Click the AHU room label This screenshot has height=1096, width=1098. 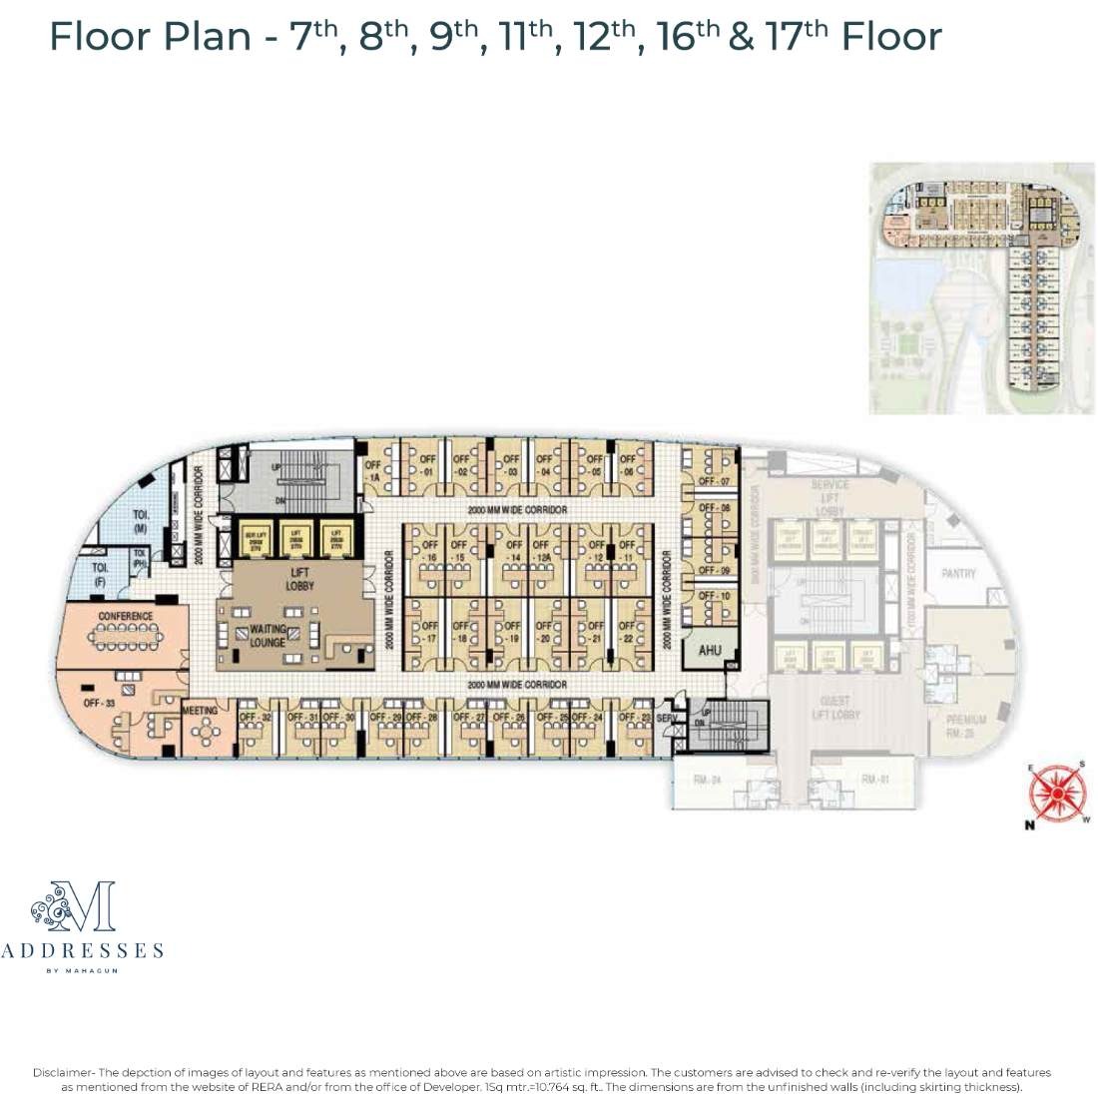point(710,651)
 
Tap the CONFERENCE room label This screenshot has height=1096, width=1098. point(126,616)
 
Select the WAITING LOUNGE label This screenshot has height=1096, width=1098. point(268,636)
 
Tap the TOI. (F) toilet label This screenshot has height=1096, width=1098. point(101,573)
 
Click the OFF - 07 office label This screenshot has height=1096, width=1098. point(714,482)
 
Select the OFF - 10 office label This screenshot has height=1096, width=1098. point(714,596)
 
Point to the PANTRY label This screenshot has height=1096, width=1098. point(958,574)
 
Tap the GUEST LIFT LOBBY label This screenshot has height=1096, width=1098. point(834,708)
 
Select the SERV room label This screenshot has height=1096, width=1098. point(667,718)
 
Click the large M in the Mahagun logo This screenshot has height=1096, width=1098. point(93,907)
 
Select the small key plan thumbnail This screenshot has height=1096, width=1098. point(981,287)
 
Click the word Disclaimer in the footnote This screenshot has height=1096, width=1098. point(63,1072)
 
